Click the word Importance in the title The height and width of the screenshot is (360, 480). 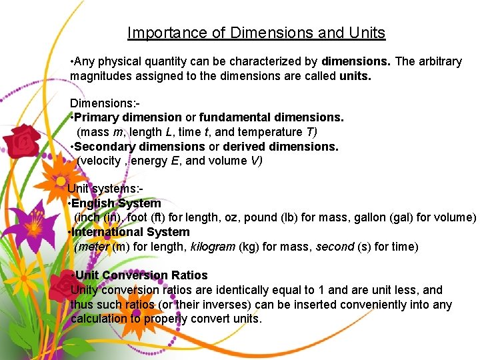point(159,33)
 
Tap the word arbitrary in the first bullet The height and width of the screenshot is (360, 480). point(438,61)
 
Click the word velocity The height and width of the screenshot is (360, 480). point(99,161)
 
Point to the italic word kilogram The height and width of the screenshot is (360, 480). point(213,247)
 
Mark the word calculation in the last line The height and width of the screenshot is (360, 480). point(99,319)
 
